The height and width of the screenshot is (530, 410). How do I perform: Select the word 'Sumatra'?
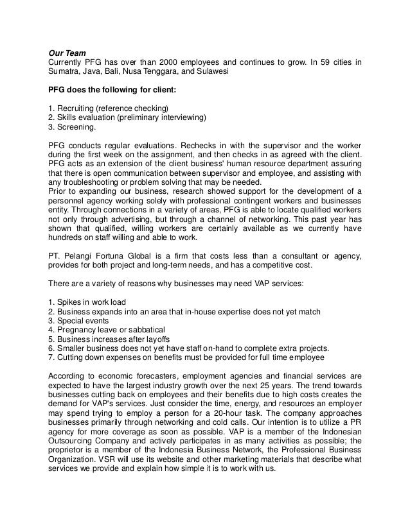click(x=65, y=72)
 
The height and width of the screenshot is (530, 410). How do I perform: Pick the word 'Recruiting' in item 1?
click(x=80, y=107)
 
